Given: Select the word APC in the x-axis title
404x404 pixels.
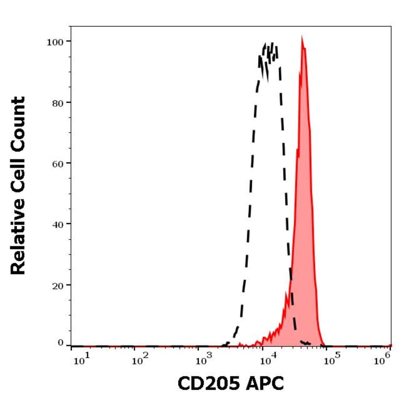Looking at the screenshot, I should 263,383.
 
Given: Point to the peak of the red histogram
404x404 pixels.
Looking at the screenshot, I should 302,38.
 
